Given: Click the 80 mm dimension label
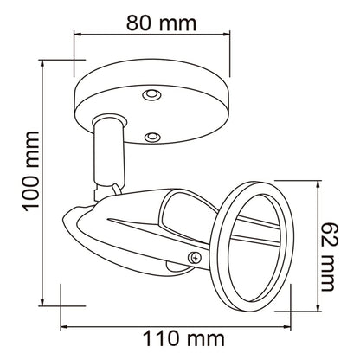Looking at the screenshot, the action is (161, 22).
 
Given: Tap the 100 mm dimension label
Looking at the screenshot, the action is (31, 171).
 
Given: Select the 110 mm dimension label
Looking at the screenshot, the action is (183, 339).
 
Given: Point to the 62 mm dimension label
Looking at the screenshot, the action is (327, 256).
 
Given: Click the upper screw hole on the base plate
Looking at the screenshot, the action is (151, 94).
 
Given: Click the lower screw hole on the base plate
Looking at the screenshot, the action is (152, 137).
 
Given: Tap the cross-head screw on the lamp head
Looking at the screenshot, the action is (196, 258).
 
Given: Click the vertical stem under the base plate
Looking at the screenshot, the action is (109, 153).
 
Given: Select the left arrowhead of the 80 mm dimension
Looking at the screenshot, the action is (77, 35).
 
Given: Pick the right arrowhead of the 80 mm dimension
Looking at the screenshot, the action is (227, 35).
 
